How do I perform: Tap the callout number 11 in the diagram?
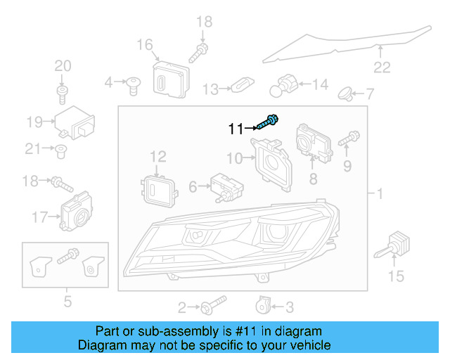click(x=235, y=129)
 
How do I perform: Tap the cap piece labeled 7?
click(x=345, y=93)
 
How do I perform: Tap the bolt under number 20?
click(x=62, y=92)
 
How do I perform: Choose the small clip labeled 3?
click(x=262, y=304)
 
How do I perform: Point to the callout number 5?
click(x=67, y=303)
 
